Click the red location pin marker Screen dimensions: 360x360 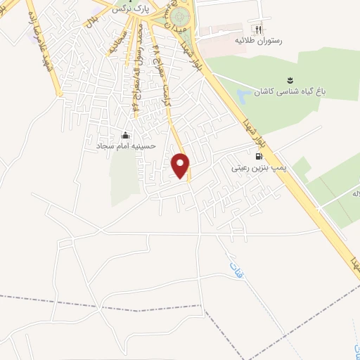[x=181, y=165]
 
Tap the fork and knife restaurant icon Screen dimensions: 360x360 [x=258, y=30]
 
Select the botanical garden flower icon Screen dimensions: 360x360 [x=289, y=80]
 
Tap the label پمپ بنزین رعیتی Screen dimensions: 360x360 [x=257, y=169]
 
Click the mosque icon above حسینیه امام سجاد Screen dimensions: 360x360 [x=125, y=135]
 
